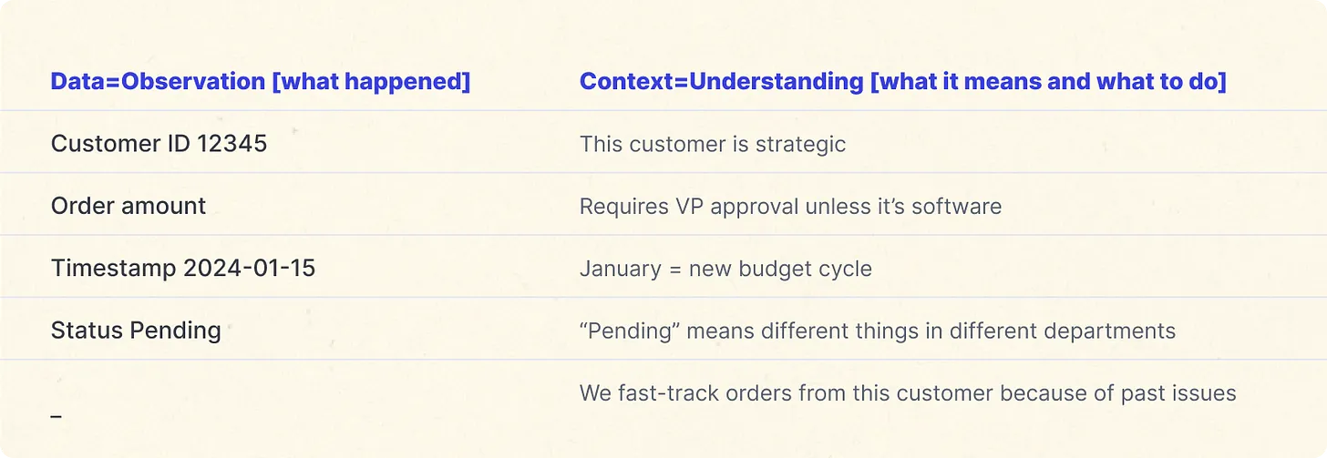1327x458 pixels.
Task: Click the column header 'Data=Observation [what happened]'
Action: click(x=260, y=82)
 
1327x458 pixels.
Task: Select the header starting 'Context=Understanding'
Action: click(x=902, y=82)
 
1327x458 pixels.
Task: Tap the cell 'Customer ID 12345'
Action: click(x=159, y=144)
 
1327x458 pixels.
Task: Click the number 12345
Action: click(x=227, y=144)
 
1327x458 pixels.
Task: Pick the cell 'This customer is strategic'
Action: click(x=712, y=144)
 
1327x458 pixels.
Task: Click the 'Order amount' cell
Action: click(x=129, y=206)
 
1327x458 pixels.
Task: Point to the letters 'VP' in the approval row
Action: click(x=690, y=207)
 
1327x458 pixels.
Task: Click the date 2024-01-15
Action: click(x=249, y=268)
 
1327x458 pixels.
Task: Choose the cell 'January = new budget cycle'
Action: click(x=725, y=269)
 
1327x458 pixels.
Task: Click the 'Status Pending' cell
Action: click(x=136, y=330)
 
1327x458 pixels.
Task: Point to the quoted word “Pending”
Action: click(x=628, y=331)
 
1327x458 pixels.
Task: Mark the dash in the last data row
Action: click(x=57, y=416)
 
